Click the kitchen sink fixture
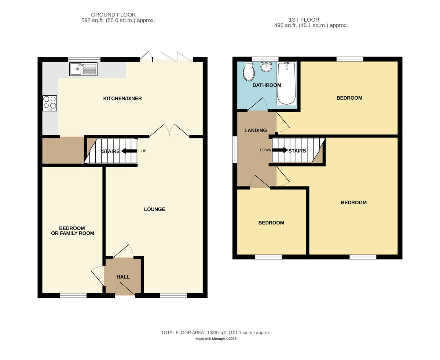coord(83,69)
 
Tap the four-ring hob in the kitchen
coord(49,103)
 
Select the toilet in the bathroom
coord(249,71)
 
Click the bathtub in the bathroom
coord(286,83)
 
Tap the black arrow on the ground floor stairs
coord(129,151)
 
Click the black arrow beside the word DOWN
coord(280,150)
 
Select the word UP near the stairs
coord(143,151)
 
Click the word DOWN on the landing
coord(265,150)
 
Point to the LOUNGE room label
coord(154,209)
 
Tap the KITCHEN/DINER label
coord(122,99)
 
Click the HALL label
coord(123,277)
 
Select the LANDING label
coord(256,131)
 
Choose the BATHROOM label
coord(267,85)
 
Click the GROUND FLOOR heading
coord(113,15)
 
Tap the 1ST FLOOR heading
coord(304,20)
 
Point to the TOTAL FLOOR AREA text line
coord(216,333)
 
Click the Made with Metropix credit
coord(216,339)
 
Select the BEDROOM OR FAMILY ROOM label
coord(73,231)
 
